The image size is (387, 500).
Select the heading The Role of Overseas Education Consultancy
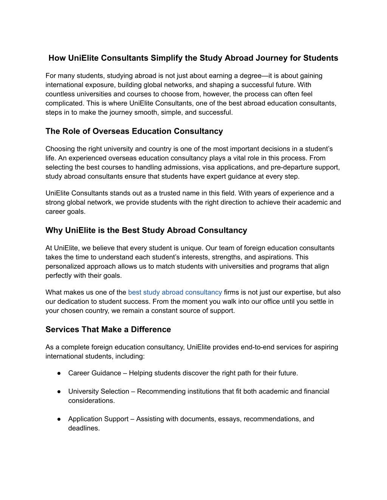pyautogui.click(x=134, y=131)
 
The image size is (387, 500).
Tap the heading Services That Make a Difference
pyautogui.click(x=108, y=329)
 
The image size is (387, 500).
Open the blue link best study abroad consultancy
pyautogui.click(x=175, y=292)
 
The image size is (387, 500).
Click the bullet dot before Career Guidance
pyautogui.click(x=60, y=373)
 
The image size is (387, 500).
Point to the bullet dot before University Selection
pyautogui.click(x=60, y=392)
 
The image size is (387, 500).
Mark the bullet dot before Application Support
pyautogui.click(x=60, y=419)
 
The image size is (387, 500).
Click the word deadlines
pyautogui.click(x=84, y=428)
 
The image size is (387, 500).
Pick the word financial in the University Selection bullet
pyautogui.click(x=316, y=392)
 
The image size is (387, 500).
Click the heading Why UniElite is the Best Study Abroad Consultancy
pyautogui.click(x=146, y=231)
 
